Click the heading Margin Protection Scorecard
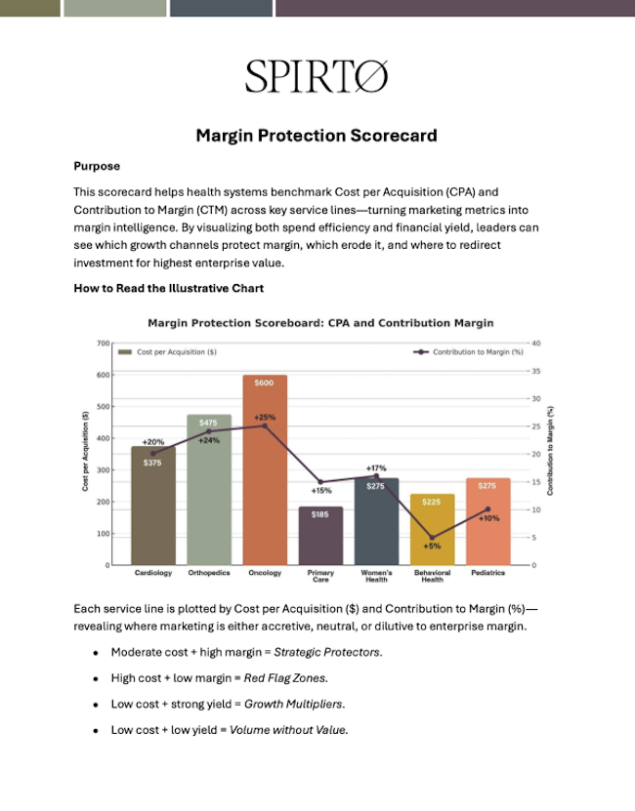(x=317, y=136)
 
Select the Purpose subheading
(x=97, y=166)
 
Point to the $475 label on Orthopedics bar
(x=208, y=423)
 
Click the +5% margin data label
(x=432, y=547)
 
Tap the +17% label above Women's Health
(x=376, y=468)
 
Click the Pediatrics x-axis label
(x=487, y=573)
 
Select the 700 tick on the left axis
(x=103, y=343)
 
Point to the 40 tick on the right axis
(x=536, y=343)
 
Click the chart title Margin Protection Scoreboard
(x=320, y=323)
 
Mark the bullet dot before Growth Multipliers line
(x=96, y=704)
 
